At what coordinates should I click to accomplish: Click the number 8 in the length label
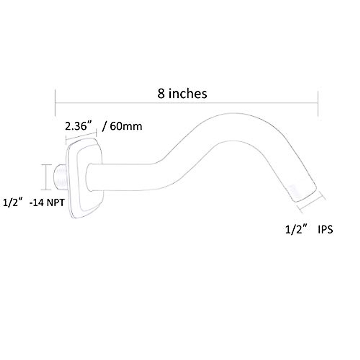click(x=161, y=94)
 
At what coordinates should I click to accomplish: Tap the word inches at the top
click(x=187, y=94)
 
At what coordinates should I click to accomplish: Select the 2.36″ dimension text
click(x=78, y=126)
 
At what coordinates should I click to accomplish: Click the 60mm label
click(x=126, y=126)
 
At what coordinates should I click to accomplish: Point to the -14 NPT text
click(x=47, y=203)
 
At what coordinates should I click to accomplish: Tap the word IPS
click(x=325, y=230)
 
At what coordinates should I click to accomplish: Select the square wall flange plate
click(x=85, y=180)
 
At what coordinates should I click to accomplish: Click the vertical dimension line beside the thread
click(x=46, y=177)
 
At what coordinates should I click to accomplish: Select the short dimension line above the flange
click(x=81, y=135)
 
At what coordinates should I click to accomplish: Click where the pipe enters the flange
click(x=89, y=177)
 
